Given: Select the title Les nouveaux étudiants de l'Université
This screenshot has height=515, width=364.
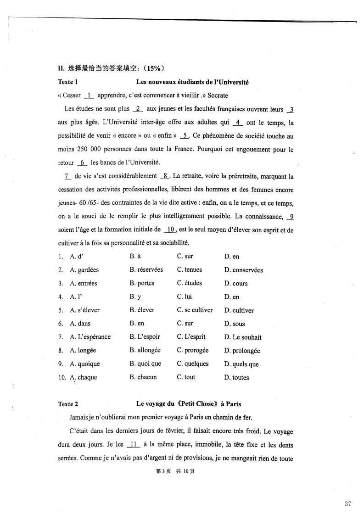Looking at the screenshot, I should pyautogui.click(x=192, y=82).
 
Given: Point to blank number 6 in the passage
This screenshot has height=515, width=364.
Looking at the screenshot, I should pyautogui.click(x=83, y=162).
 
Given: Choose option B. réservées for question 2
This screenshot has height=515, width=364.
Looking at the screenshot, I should pyautogui.click(x=146, y=269).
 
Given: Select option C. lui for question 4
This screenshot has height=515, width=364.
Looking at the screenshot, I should pyautogui.click(x=184, y=297).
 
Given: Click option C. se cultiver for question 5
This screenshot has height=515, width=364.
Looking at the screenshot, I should pyautogui.click(x=195, y=310).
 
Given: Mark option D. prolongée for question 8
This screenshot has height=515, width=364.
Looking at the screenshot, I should pyautogui.click(x=242, y=351).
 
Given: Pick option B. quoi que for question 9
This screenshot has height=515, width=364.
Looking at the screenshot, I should pyautogui.click(x=146, y=364).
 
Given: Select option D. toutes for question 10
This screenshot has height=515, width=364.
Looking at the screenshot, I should pyautogui.click(x=236, y=378).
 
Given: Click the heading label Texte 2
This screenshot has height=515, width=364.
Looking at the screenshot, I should pyautogui.click(x=68, y=404).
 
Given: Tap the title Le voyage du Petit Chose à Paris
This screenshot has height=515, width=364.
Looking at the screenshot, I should pyautogui.click(x=189, y=404).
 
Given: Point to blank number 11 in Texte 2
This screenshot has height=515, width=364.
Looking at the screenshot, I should pyautogui.click(x=133, y=444).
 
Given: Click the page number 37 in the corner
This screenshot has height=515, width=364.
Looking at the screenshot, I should pyautogui.click(x=347, y=504).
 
